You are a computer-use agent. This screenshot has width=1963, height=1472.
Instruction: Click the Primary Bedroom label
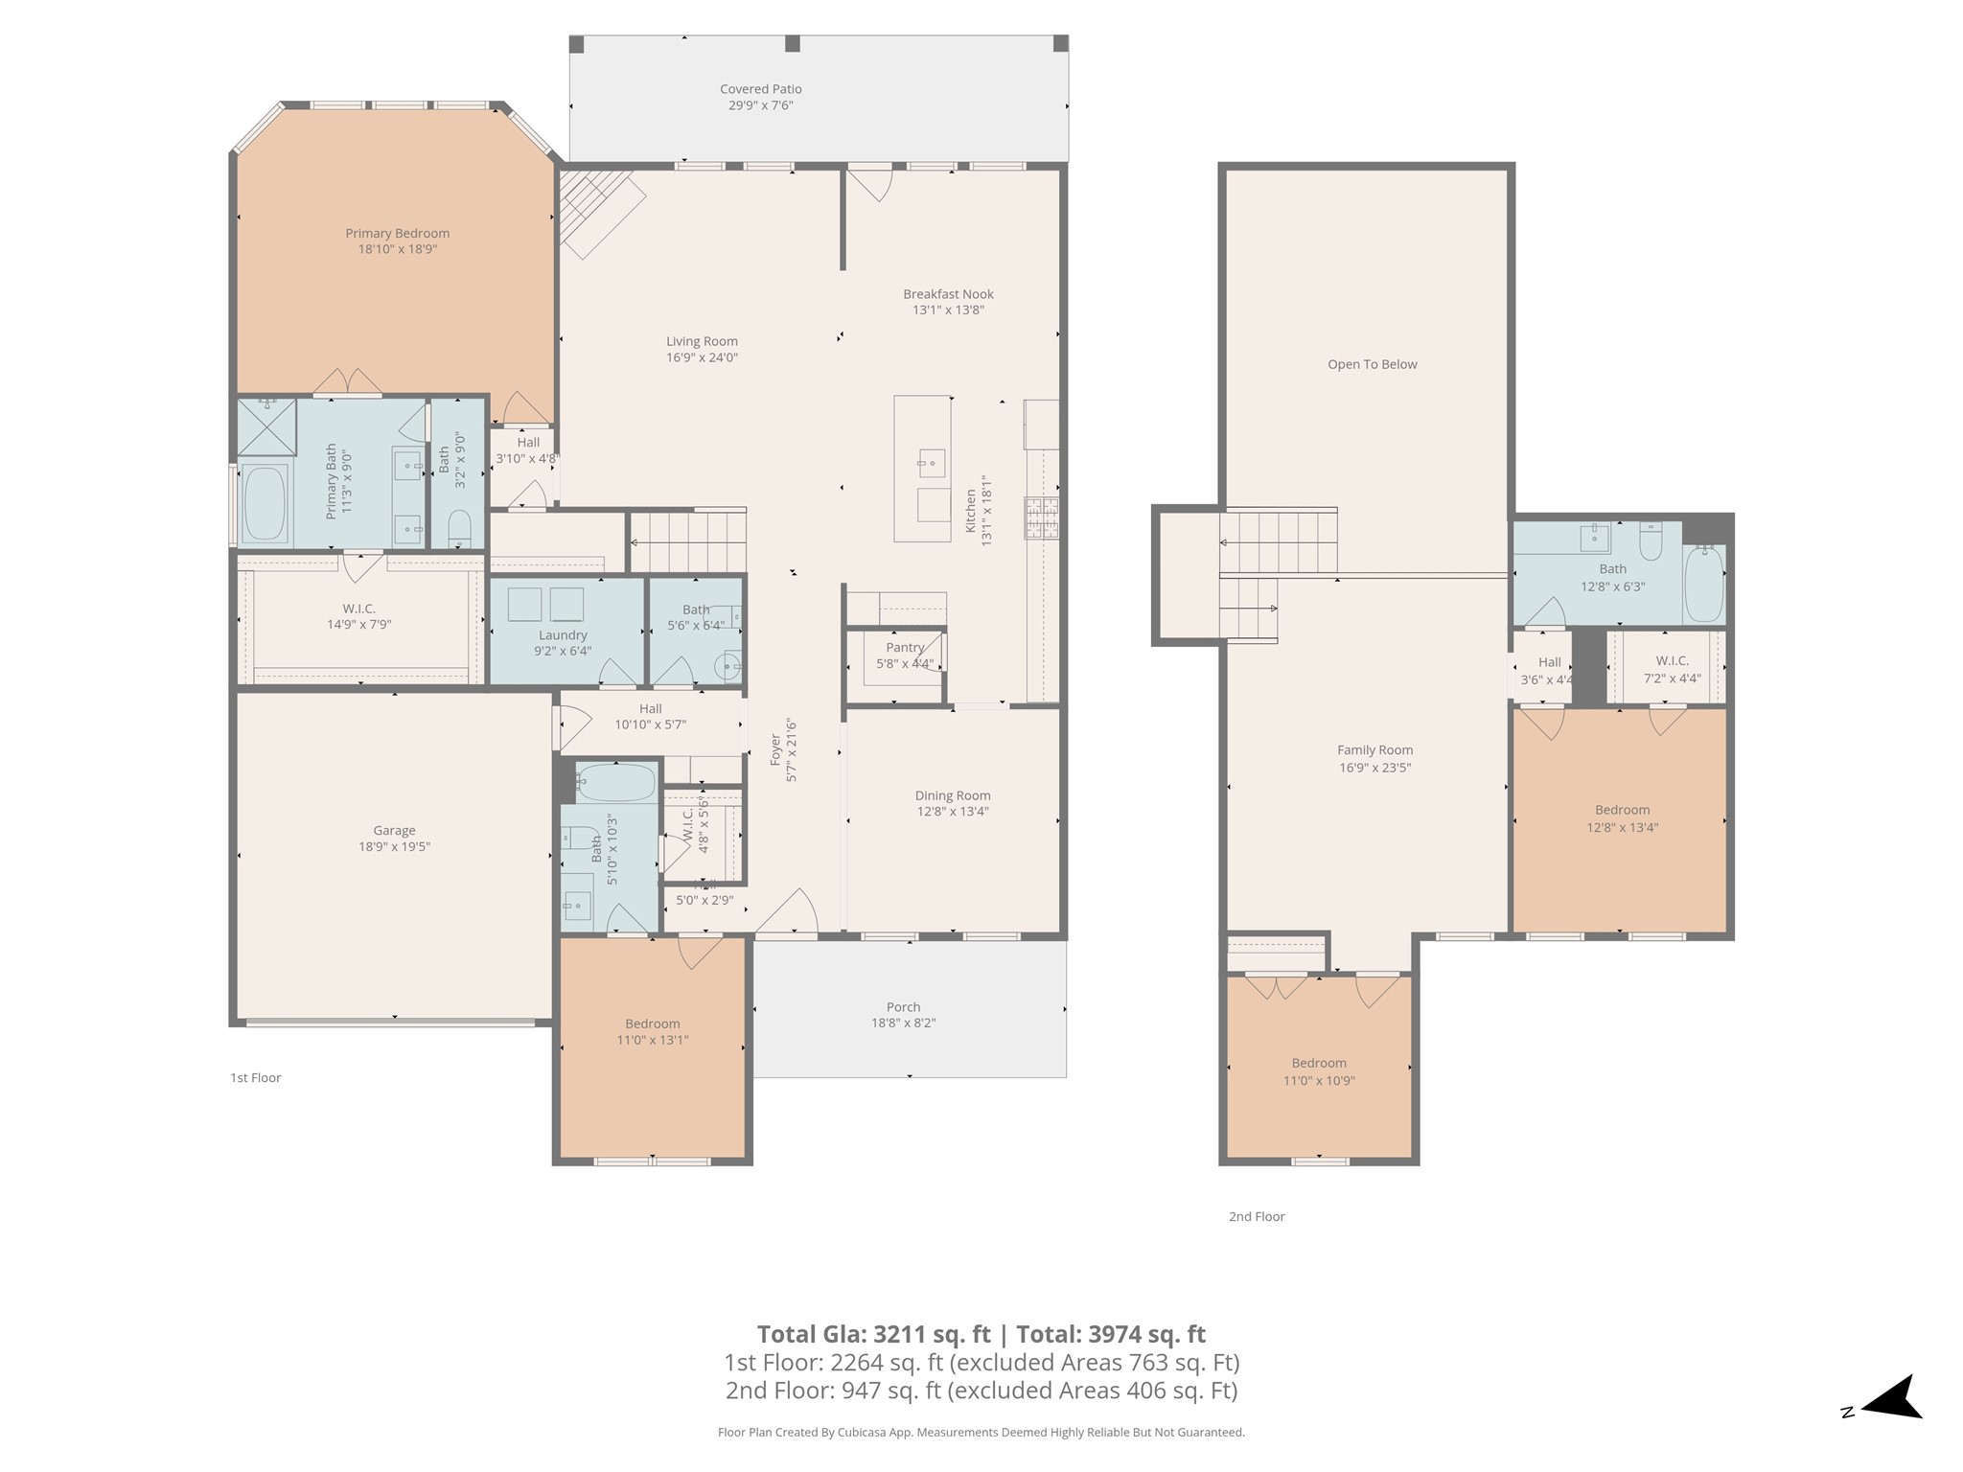(x=397, y=233)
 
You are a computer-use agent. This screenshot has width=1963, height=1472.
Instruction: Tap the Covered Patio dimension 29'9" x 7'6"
(x=760, y=105)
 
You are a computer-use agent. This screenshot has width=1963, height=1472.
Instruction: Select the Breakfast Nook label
(x=948, y=294)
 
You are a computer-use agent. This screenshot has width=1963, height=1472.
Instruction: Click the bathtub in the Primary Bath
(x=265, y=503)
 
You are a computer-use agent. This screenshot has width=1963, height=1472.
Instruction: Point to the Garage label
(x=394, y=831)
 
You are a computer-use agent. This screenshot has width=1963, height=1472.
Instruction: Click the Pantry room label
(x=905, y=648)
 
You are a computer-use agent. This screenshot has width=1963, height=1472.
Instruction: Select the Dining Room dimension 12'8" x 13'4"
(x=952, y=812)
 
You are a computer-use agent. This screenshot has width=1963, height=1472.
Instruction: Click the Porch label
(x=903, y=1007)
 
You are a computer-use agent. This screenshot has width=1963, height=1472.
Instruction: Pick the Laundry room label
(x=563, y=635)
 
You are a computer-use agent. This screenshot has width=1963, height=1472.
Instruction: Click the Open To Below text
(x=1372, y=364)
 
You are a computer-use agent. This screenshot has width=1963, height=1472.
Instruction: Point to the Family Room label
(x=1374, y=750)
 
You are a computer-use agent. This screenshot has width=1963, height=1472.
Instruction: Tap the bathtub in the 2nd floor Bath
(x=1704, y=583)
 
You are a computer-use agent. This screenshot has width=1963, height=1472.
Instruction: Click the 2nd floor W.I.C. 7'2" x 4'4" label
(x=1672, y=661)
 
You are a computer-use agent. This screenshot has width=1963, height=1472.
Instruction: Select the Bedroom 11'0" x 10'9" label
(x=1319, y=1063)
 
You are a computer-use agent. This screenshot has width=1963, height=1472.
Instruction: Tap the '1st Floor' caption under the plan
(x=255, y=1078)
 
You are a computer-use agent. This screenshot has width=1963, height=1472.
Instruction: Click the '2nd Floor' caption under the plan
(x=1257, y=1217)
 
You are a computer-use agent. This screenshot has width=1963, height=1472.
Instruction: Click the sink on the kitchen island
(x=930, y=464)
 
